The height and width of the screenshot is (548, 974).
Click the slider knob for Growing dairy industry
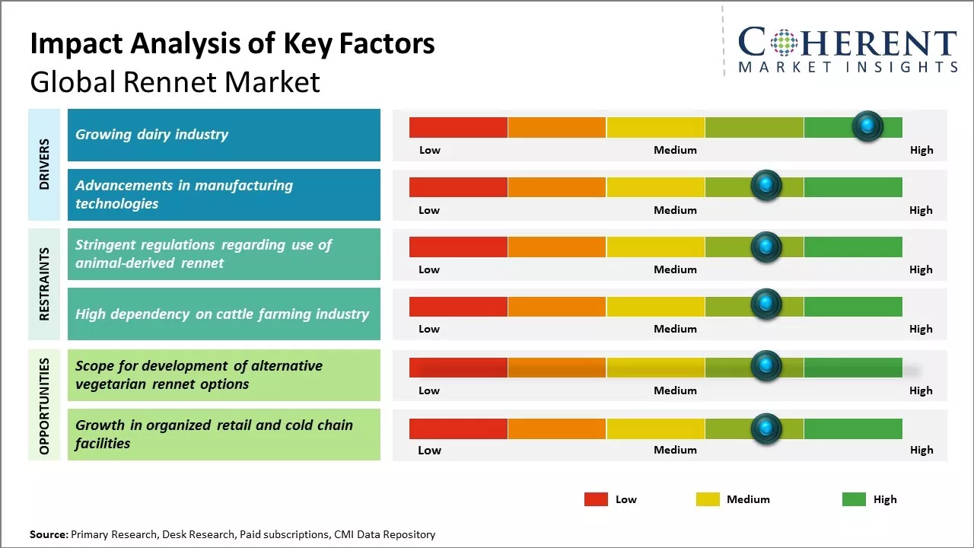867,126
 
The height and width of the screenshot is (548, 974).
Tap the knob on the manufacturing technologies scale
766,186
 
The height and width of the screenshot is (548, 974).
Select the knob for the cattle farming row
766,305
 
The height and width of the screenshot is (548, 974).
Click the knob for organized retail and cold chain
766,429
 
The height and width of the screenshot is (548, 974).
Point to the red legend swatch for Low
596,499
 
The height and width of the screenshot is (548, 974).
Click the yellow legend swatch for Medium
708,499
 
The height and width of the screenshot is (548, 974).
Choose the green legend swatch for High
854,499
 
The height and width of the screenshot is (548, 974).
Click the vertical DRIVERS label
43,164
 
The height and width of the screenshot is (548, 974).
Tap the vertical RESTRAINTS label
43,284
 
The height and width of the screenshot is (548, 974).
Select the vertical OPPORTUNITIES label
43,406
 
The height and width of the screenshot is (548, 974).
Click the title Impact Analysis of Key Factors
232,44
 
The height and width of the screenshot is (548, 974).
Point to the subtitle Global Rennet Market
175,81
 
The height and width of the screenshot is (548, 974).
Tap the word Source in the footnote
48,534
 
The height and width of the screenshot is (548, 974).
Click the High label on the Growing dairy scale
921,150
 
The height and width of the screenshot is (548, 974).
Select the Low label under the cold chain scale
429,450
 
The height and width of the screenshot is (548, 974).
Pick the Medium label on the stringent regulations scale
675,269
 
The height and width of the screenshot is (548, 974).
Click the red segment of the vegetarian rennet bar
458,368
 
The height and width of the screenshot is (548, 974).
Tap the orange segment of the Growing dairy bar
556,127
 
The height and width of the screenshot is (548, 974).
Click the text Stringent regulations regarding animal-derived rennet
203,253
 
